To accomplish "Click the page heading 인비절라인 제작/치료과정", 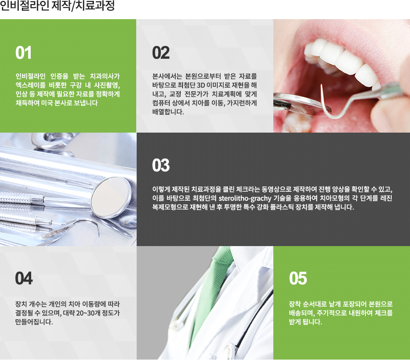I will click(x=57, y=7).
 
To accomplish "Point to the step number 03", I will click(x=161, y=166).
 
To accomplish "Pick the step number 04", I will click(x=24, y=279).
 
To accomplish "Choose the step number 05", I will click(x=298, y=279).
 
